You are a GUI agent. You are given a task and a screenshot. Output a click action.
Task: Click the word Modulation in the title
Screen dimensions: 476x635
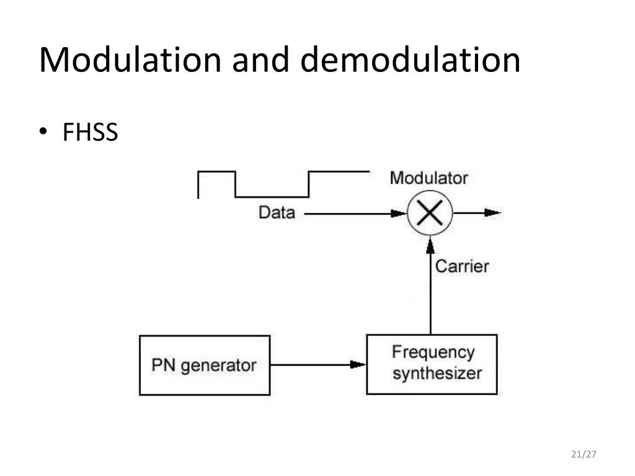tap(130, 60)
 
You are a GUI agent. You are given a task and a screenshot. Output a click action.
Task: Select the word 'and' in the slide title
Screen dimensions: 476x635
tap(262, 60)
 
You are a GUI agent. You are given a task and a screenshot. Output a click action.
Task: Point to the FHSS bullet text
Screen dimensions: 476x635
tap(90, 132)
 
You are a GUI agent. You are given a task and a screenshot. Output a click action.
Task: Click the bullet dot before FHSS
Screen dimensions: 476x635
tap(44, 132)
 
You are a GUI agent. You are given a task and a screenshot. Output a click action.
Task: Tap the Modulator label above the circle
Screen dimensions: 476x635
tap(429, 178)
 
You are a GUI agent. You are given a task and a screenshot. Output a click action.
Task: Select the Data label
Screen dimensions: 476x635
tap(277, 213)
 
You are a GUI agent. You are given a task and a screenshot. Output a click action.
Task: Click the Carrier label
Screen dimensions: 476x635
tap(462, 267)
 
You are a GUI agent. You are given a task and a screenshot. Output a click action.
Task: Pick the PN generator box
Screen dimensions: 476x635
tap(205, 365)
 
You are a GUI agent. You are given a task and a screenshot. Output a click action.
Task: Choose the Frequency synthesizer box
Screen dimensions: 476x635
tap(432, 364)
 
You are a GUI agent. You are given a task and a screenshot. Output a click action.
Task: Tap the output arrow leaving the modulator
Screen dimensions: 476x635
tap(477, 213)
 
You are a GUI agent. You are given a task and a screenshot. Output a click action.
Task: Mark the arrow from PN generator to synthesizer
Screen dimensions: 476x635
tap(317, 364)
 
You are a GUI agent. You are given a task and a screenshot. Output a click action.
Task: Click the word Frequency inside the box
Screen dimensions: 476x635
tap(433, 353)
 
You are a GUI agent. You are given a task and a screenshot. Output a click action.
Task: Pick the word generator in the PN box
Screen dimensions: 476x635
tap(218, 366)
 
